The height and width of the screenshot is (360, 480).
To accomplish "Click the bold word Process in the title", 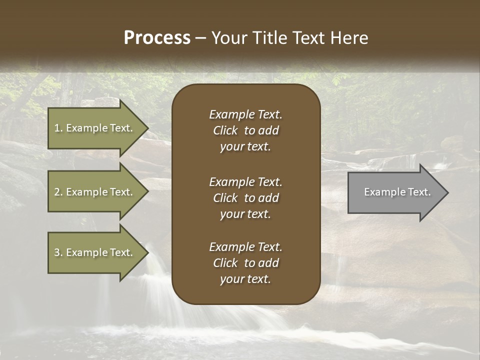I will (157, 38).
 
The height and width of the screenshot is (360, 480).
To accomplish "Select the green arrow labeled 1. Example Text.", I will (93, 128).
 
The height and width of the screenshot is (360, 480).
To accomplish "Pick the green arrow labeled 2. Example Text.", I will (93, 192).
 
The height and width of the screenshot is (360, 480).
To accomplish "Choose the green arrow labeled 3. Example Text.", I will (93, 252).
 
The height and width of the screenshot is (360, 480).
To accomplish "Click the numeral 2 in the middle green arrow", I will (56, 192).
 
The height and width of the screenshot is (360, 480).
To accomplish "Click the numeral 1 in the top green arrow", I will (56, 128).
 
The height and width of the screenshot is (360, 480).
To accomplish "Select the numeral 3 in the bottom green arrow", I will (56, 252).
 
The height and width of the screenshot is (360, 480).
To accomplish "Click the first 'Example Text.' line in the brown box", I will (245, 114).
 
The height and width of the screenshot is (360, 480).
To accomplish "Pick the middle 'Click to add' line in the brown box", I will (245, 198).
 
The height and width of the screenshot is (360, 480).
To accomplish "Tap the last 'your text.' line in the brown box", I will (245, 279).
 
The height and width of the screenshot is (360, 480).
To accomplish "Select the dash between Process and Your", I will (200, 38).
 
